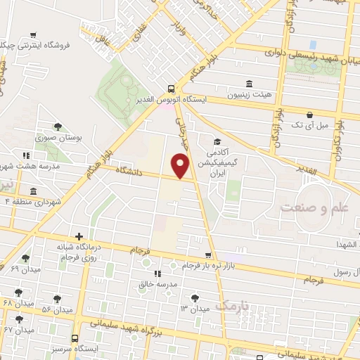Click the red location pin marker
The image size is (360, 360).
pos(181,166)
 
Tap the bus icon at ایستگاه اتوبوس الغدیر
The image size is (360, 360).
pos(172,89)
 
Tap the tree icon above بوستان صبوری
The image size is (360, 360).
pos(58,127)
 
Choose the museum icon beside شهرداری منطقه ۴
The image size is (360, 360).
pos(33,191)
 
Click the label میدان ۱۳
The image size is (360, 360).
pos(195,309)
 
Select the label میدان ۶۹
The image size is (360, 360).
pos(25,269)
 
